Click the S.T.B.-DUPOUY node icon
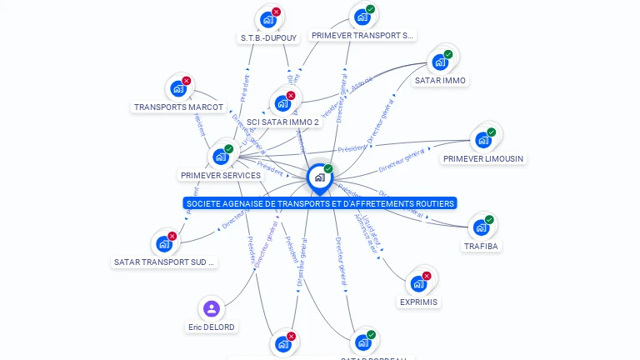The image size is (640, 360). [x=268, y=19]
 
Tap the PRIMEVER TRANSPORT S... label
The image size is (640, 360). [x=362, y=36]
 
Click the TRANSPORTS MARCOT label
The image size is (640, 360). [x=178, y=107]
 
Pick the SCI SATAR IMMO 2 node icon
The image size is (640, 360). [x=282, y=104]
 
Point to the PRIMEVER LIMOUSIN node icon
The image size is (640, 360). [x=482, y=139]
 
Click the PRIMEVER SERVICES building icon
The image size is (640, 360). [x=221, y=156]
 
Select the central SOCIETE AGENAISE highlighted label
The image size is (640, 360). [x=320, y=203]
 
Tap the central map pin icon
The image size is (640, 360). [x=319, y=177]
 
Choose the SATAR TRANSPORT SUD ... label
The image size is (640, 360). [x=164, y=262]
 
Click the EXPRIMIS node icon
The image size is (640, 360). [x=418, y=283]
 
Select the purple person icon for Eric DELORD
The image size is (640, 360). [x=212, y=309]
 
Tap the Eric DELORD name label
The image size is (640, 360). [x=212, y=327]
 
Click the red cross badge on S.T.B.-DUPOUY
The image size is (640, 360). [x=277, y=12]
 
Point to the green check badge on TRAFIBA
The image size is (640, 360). [x=489, y=220]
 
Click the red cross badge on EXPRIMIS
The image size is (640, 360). [x=427, y=276]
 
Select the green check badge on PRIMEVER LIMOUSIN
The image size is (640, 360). [x=491, y=132]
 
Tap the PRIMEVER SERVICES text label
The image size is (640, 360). [x=221, y=176]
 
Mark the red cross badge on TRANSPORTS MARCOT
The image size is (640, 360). [x=186, y=81]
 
